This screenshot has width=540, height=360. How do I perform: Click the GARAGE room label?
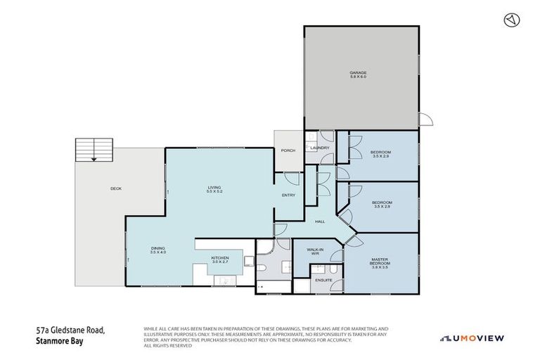tap(359, 72)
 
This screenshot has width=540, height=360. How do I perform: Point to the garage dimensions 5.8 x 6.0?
tap(359, 77)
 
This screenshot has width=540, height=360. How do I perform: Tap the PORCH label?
tap(288, 150)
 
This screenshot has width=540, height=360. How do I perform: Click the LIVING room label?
tap(214, 187)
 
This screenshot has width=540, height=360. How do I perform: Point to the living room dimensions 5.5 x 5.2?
tap(214, 192)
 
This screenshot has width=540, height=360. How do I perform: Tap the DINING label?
tap(157, 247)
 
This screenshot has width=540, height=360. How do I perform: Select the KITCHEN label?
tap(220, 258)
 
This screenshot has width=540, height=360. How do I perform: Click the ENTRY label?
tap(288, 195)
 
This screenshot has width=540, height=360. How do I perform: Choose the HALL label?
tap(320, 221)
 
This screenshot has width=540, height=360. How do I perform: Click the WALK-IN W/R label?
tap(314, 251)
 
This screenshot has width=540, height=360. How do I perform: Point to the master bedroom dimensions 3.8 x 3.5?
tap(380, 268)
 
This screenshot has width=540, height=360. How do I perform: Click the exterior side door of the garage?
tap(426, 120)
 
